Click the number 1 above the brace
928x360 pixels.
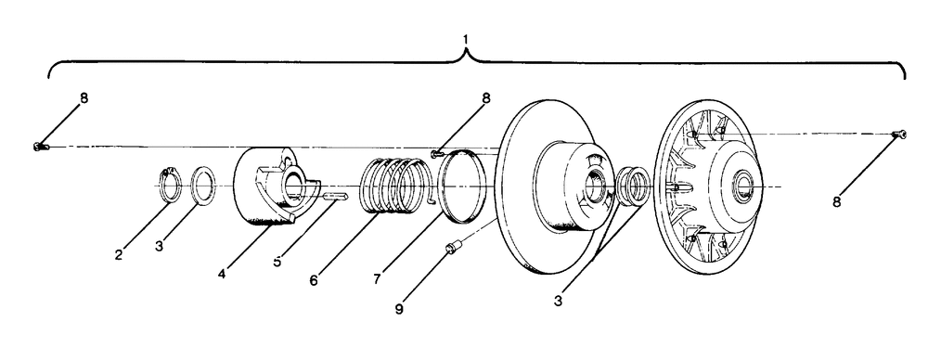tap(466, 39)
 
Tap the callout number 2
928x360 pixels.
tap(119, 254)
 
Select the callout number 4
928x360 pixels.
tap(222, 274)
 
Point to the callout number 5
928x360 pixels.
tap(277, 261)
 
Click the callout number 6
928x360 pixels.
tap(314, 280)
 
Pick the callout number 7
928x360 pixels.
tap(377, 279)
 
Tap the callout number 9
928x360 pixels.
tap(399, 309)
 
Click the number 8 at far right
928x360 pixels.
tap(836, 202)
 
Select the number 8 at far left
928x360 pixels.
tap(84, 98)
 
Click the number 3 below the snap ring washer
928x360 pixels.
tap(160, 246)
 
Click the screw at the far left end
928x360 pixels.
tap(39, 147)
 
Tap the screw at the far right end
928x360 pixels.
tap(899, 135)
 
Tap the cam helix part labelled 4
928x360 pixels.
tap(277, 186)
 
